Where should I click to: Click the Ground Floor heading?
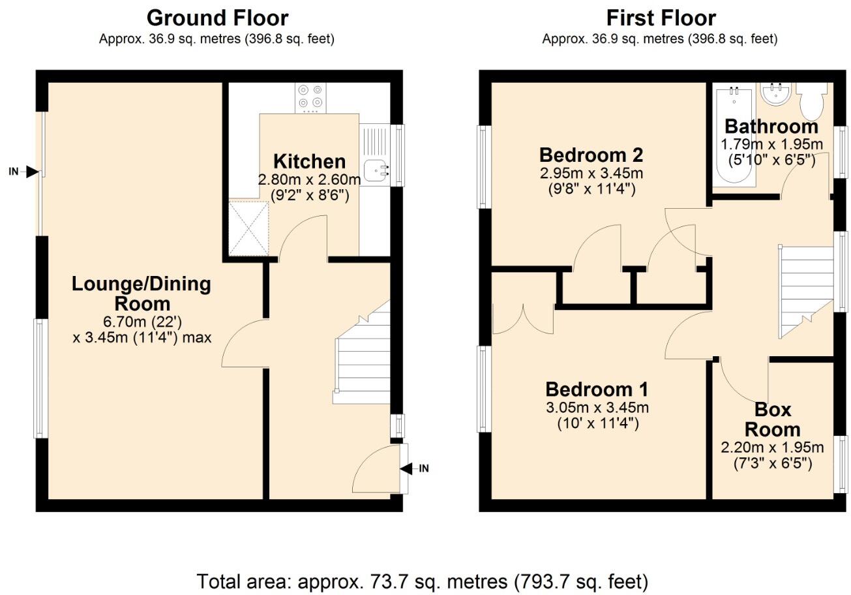click(x=217, y=18)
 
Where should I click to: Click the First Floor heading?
click(x=661, y=18)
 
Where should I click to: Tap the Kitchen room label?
click(x=309, y=161)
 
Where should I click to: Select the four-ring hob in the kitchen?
click(x=310, y=97)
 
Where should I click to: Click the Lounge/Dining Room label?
click(x=142, y=294)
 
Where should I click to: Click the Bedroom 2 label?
click(x=591, y=155)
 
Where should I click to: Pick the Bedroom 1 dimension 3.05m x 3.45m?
click(x=597, y=408)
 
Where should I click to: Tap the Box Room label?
click(x=773, y=420)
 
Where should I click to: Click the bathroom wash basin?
click(x=776, y=95)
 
